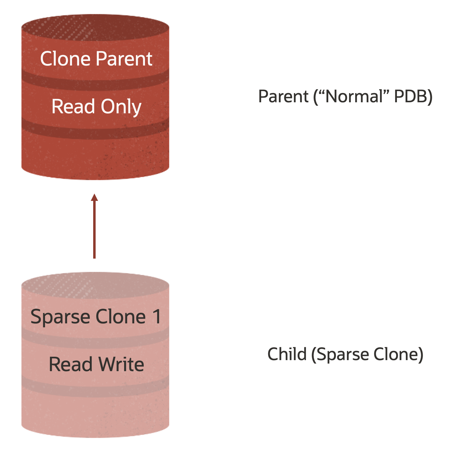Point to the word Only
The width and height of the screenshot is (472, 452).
121,107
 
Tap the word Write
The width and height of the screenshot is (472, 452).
121,364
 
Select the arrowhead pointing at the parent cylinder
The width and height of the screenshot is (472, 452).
94,198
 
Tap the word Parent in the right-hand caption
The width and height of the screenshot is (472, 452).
283,96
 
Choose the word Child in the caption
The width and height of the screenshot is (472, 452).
287,354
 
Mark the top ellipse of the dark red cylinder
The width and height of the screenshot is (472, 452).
95,28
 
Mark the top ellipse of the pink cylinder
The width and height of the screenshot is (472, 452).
95,285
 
